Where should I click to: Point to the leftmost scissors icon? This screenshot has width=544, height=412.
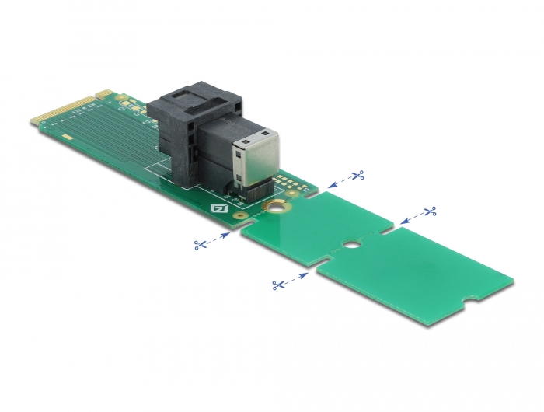[x=201, y=245]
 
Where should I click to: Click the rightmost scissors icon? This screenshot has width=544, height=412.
[x=430, y=211]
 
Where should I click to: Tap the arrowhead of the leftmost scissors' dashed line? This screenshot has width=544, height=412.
[x=228, y=233]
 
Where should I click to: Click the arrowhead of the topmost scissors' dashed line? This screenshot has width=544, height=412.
[x=331, y=186]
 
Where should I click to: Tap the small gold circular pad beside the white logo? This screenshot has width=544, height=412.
[x=241, y=217]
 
